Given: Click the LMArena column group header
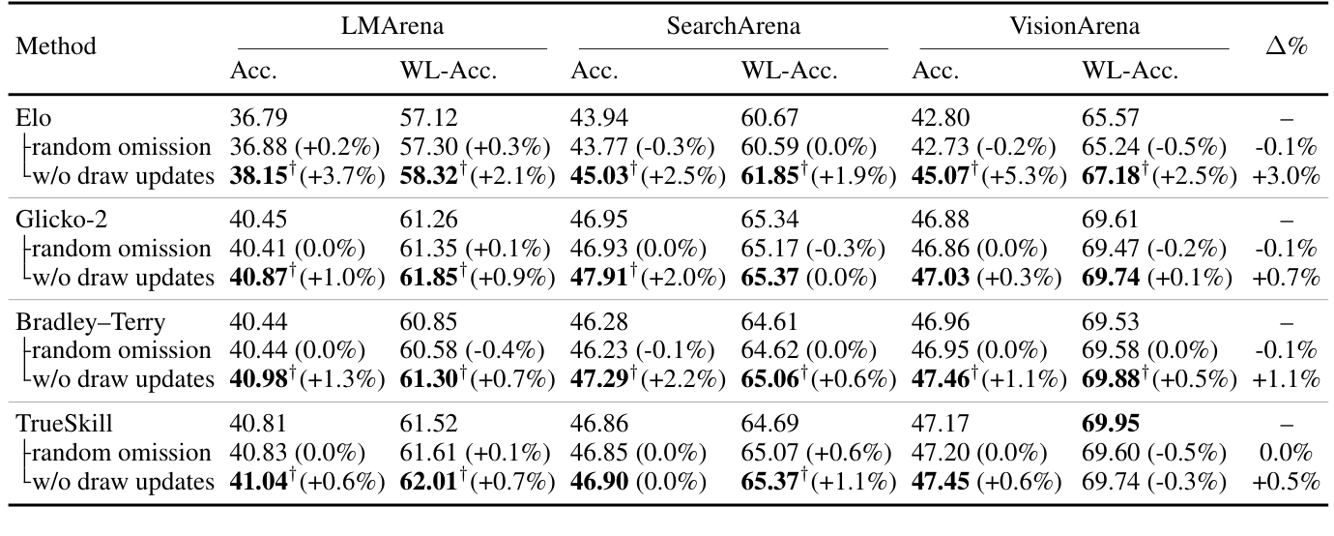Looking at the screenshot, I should (x=391, y=26).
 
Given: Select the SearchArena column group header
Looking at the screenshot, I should (x=734, y=26).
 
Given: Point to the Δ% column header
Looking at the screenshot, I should (x=1287, y=46).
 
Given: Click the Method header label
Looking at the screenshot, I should (x=56, y=46).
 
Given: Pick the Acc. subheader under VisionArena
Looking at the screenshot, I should (x=935, y=70).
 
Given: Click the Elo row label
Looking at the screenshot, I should (x=33, y=119).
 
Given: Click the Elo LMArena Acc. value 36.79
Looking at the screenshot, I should (x=256, y=119).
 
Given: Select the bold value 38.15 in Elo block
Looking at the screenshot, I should (x=255, y=175).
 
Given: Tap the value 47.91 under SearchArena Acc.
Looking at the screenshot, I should (x=596, y=278).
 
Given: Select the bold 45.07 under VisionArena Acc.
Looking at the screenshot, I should (x=938, y=175).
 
